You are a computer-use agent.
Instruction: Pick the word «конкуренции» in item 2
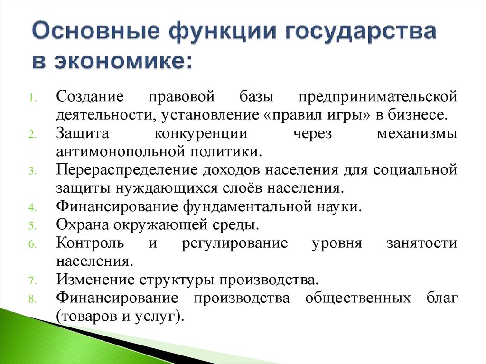pos(201,133)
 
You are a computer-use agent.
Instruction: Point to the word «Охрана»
pos(78,224)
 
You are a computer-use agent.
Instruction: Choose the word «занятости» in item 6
pos(422,243)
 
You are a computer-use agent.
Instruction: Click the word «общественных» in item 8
pos(358,298)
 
